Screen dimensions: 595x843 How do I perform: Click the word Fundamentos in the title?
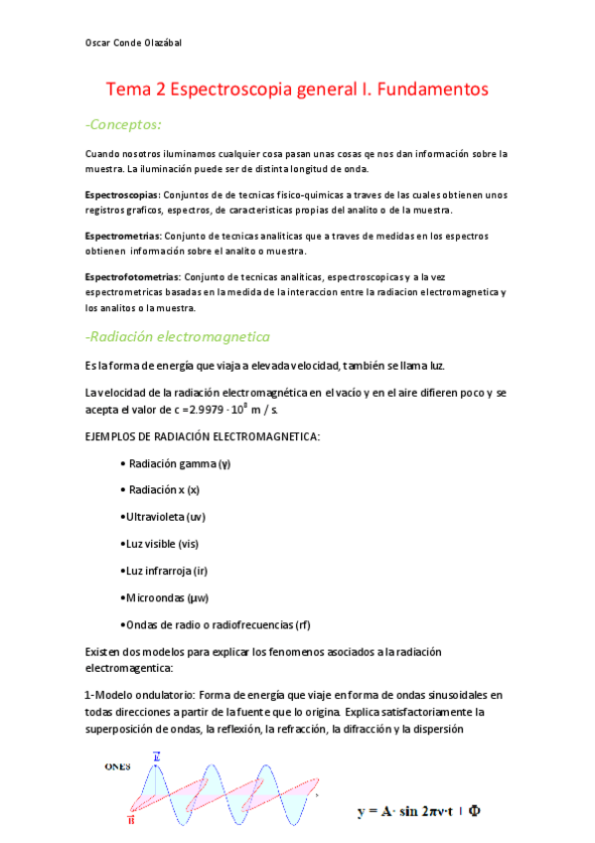pyautogui.click(x=429, y=89)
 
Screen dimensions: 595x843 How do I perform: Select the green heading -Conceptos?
pyautogui.click(x=123, y=124)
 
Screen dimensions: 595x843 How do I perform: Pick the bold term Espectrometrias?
pyautogui.click(x=122, y=236)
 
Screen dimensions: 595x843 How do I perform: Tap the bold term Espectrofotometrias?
pyautogui.click(x=133, y=276)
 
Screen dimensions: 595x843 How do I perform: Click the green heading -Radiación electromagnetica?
pyautogui.click(x=178, y=337)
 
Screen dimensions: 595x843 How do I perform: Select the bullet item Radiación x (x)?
pyautogui.click(x=163, y=490)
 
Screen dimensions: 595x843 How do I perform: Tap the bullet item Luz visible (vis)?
pyautogui.click(x=159, y=544)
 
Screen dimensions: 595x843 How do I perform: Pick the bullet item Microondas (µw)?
pyautogui.click(x=163, y=597)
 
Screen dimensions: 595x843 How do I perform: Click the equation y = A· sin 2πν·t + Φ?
pyautogui.click(x=420, y=811)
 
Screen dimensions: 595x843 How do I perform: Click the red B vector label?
pyautogui.click(x=132, y=820)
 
